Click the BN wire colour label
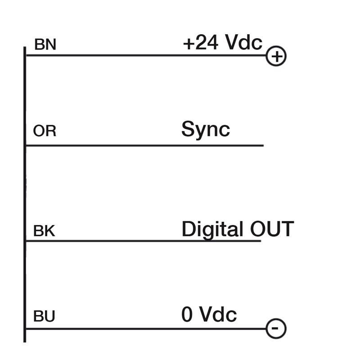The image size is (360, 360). pos(45,44)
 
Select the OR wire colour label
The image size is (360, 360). pos(45,131)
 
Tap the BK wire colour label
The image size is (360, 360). pos(44,231)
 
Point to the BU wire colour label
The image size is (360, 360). pos(44,316)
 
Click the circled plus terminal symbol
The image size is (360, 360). pos(276,56)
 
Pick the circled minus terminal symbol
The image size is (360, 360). pos(276,328)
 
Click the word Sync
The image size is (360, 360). pos(206,129)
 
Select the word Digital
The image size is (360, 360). pos(212,230)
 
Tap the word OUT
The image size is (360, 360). pos(272,229)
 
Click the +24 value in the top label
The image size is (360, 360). pos(200,42)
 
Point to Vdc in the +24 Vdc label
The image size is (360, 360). pos(243,42)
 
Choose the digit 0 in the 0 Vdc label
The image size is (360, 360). pos(187,314)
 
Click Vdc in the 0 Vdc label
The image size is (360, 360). pos(218,314)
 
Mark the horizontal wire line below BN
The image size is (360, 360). pos(146,55)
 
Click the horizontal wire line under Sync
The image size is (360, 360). pos(144,145)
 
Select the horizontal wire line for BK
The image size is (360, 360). pos(143,241)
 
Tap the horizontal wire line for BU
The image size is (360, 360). pos(146,329)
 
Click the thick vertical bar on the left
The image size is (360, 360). pos(25,194)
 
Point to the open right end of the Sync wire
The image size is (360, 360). pos(264,145)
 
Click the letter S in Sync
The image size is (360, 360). pos(187,129)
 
